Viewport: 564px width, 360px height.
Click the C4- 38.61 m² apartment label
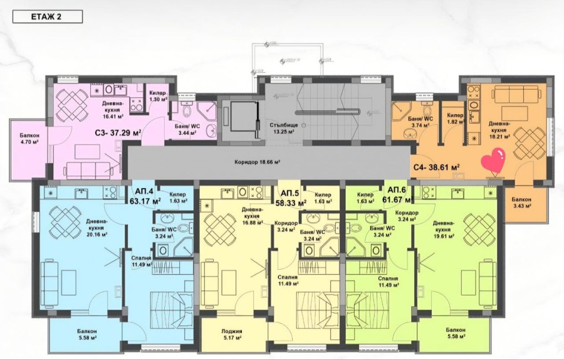(x=436, y=167)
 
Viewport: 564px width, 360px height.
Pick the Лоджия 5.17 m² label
(x=231, y=336)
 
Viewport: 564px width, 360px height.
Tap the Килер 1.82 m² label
(x=455, y=119)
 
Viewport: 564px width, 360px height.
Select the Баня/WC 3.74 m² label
(x=419, y=121)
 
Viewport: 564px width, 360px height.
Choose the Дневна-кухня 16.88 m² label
(x=251, y=216)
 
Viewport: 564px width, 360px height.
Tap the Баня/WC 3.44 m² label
(x=186, y=129)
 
